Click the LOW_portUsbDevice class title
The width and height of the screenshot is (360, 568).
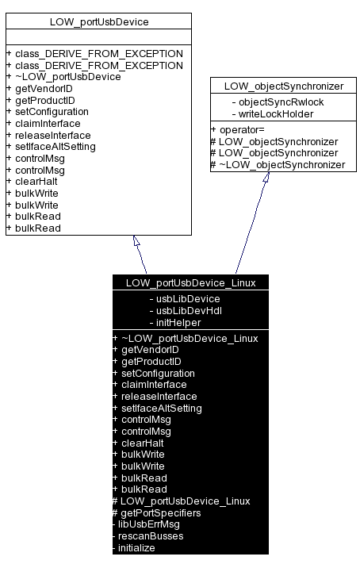click(x=98, y=21)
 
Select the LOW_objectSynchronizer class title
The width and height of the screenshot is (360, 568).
click(x=281, y=85)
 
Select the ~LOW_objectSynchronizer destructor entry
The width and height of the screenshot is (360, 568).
click(x=281, y=164)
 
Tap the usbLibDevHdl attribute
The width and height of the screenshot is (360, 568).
click(x=186, y=310)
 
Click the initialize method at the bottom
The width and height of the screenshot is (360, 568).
click(x=136, y=548)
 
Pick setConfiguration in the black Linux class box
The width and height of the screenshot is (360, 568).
click(x=157, y=373)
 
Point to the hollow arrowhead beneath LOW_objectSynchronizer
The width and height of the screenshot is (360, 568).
click(x=266, y=178)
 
